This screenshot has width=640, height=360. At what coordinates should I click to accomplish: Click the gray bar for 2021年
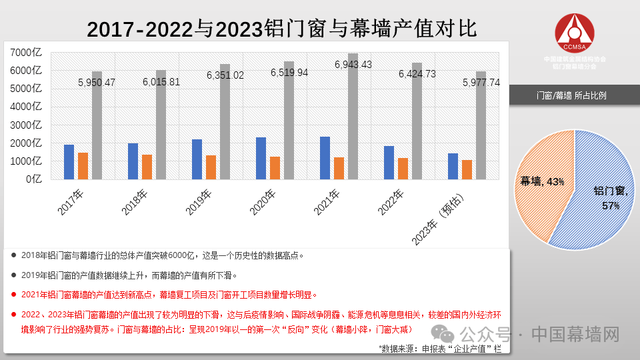tap(353, 116)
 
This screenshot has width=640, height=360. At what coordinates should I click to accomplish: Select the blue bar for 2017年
tap(69, 161)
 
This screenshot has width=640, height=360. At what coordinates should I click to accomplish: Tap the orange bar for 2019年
tap(211, 167)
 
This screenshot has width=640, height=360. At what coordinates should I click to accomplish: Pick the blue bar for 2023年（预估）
tap(453, 166)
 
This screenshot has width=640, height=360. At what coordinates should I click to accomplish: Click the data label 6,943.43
tap(353, 65)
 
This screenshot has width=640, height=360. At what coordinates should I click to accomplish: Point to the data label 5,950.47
tap(97, 83)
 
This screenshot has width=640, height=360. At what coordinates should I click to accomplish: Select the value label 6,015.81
tap(161, 82)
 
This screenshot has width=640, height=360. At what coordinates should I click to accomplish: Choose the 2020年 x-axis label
tap(263, 203)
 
